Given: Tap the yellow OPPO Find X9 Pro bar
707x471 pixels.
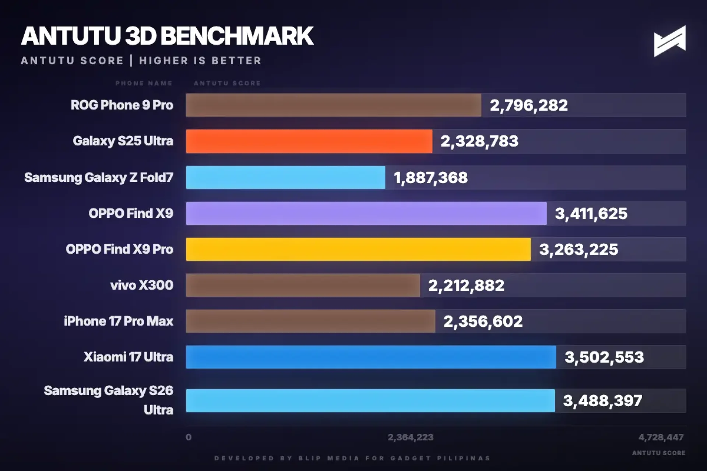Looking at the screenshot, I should (x=358, y=249).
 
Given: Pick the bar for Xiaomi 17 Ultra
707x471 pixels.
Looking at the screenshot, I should (x=370, y=357).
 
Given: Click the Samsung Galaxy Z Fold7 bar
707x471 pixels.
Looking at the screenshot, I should (x=285, y=177).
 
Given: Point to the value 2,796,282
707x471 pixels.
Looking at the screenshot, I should (x=528, y=105).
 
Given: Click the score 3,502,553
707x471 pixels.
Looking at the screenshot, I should (x=604, y=357).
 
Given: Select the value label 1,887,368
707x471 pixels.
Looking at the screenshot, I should (x=430, y=178).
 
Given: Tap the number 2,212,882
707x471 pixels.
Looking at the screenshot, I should (x=466, y=285).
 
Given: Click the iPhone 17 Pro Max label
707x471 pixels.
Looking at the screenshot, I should (x=118, y=321).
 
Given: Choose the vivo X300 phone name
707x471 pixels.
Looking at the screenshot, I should (x=141, y=285).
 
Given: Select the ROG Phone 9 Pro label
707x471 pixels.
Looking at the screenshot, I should (x=122, y=105).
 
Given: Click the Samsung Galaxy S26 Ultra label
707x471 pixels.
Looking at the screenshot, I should (x=108, y=400).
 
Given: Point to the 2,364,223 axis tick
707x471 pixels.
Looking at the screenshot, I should (x=410, y=437).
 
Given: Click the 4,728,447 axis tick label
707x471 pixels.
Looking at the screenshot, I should (x=661, y=437).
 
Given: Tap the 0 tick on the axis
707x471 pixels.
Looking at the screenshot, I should (x=189, y=437).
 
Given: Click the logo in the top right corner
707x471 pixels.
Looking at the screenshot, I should (x=669, y=41).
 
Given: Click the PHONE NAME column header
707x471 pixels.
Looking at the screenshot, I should (x=144, y=83).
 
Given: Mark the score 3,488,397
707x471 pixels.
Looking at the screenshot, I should (x=602, y=400).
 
